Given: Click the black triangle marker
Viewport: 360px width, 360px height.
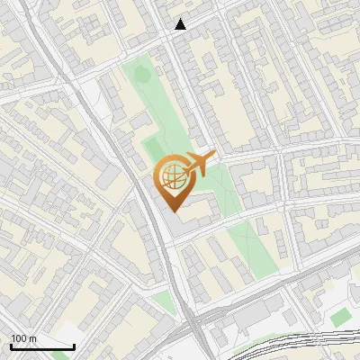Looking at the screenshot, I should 181,24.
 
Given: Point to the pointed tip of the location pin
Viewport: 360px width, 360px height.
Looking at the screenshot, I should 172,210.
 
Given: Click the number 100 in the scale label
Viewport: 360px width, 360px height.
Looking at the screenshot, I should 20,338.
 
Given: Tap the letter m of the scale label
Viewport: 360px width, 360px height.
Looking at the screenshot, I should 33,338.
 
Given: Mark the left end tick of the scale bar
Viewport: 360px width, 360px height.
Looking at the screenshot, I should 11,346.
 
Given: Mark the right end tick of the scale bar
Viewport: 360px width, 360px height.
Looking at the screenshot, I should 73,346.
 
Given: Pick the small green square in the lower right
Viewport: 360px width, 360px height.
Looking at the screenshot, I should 339,318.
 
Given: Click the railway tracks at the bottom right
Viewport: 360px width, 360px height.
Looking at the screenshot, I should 297,346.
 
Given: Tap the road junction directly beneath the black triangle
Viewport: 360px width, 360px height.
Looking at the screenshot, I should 183,38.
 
